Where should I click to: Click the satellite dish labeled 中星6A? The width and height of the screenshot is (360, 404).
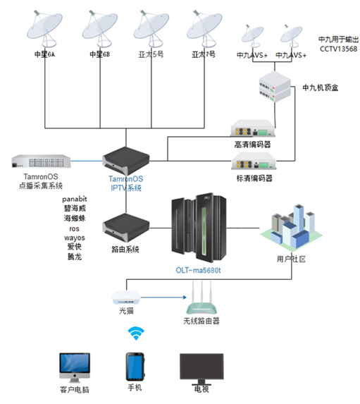[x=44, y=28]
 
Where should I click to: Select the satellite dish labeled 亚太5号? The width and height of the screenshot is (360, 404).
[x=151, y=28]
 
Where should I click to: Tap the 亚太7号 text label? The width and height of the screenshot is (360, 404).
[x=204, y=54]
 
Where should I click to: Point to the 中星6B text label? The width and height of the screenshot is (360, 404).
[x=99, y=54]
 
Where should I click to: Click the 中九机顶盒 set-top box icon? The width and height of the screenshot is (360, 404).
[x=275, y=87]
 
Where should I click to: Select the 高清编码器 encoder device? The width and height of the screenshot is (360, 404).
[x=253, y=128]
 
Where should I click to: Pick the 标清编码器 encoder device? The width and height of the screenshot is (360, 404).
[x=254, y=161]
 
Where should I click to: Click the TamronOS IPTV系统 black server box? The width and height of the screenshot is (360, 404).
[x=126, y=161]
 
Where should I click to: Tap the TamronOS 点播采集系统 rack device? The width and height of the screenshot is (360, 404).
[x=41, y=161]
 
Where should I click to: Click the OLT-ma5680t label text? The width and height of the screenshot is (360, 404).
[x=198, y=270]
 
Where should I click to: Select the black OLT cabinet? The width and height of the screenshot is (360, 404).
[x=199, y=227]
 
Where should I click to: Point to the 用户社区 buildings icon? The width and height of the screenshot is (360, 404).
[x=291, y=228]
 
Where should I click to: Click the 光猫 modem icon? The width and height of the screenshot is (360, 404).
[x=126, y=298]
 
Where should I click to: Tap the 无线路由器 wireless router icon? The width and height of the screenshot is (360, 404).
[x=201, y=298]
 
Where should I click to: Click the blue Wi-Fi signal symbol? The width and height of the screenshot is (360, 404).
[x=136, y=333]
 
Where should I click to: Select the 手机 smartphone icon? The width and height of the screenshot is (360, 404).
[x=135, y=367]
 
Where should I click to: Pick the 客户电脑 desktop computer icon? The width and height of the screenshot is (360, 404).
[x=75, y=367]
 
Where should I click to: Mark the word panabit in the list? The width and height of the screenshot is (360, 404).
[x=75, y=199]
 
